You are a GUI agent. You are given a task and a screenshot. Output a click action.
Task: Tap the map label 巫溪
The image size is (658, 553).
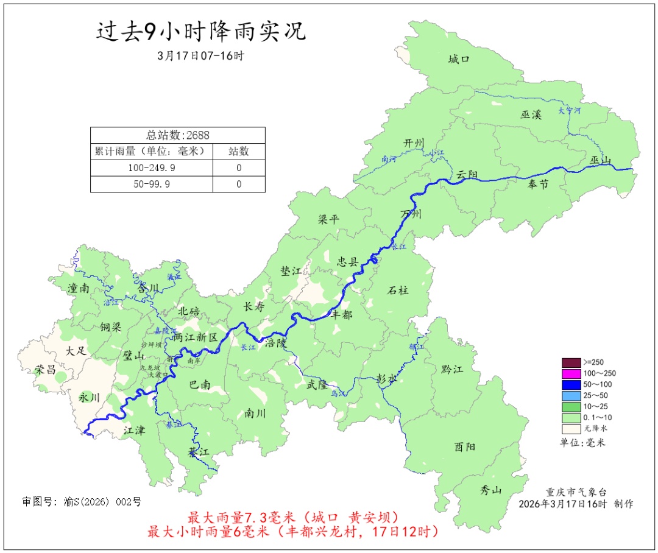[x=531, y=114]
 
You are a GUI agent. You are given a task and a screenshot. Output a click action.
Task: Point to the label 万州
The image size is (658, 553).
[x=411, y=214]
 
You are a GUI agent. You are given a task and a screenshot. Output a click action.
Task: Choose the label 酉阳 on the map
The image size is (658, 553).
[x=465, y=447]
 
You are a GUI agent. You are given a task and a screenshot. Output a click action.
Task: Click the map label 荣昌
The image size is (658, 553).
[x=46, y=370]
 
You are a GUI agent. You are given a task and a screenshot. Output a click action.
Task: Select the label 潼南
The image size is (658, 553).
[x=79, y=289]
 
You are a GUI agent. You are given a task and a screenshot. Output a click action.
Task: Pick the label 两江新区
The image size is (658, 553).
[x=195, y=337]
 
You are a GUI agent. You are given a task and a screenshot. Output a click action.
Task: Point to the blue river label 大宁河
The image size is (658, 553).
[x=570, y=111]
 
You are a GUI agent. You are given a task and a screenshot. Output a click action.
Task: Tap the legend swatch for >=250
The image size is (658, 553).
[x=571, y=362]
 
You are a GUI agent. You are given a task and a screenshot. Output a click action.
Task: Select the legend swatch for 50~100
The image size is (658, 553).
[x=571, y=384]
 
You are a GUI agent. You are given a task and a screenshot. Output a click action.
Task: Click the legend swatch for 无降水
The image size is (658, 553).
[x=571, y=429]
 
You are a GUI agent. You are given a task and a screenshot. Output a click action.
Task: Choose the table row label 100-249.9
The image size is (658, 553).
[x=152, y=167]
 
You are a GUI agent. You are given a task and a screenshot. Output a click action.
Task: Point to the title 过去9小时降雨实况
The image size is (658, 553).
[x=201, y=31]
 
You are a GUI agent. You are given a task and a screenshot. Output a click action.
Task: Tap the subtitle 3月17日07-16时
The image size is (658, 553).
[x=200, y=56]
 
